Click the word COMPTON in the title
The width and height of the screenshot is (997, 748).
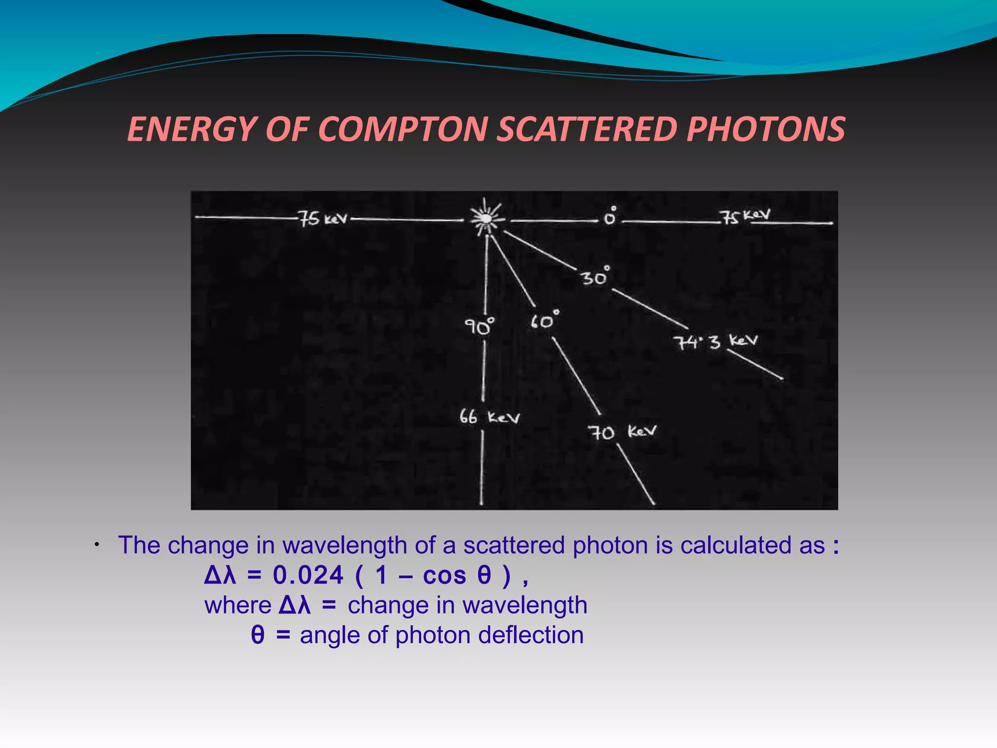tap(403, 129)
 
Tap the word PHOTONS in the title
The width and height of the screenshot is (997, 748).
tap(766, 129)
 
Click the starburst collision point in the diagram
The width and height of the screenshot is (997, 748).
tap(485, 218)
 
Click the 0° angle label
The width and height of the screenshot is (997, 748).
tap(610, 216)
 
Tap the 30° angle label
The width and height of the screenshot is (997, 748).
tap(595, 276)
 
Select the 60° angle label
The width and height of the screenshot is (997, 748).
tap(544, 320)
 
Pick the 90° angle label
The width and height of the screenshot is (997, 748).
tap(479, 326)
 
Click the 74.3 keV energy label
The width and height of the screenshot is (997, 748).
tap(716, 341)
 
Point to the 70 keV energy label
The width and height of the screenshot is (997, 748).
tap(622, 432)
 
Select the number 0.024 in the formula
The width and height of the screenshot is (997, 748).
tap(308, 575)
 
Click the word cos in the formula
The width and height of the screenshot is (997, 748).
tap(444, 575)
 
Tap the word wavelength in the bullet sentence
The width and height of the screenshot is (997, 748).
tap(345, 545)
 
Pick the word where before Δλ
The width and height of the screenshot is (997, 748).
tap(238, 605)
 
